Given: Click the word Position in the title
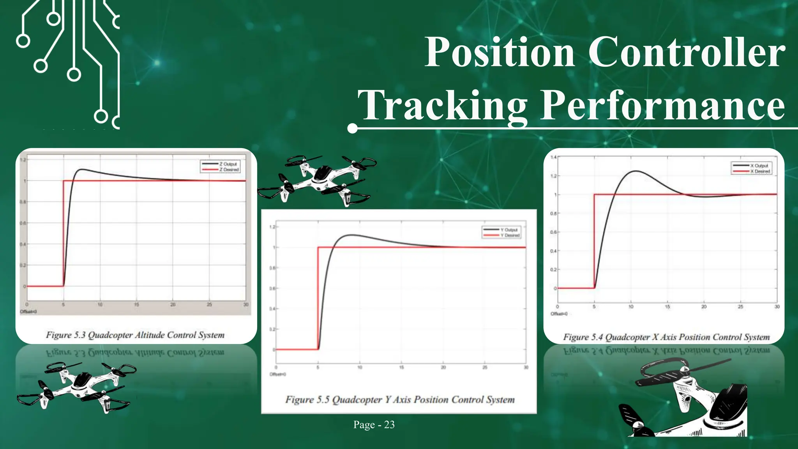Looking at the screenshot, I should click(500, 53).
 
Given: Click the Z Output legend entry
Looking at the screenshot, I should click(228, 164).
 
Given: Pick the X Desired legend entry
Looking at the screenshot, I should click(760, 171).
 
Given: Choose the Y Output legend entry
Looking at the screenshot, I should click(509, 230).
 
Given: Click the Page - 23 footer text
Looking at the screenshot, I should click(374, 424).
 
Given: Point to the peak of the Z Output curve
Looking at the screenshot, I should click(81, 170).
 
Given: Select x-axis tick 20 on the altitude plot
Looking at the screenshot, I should click(173, 305).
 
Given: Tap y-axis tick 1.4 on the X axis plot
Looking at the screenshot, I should click(553, 157).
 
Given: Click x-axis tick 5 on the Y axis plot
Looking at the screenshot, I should click(318, 368).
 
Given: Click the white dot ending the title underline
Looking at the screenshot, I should click(352, 128).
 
